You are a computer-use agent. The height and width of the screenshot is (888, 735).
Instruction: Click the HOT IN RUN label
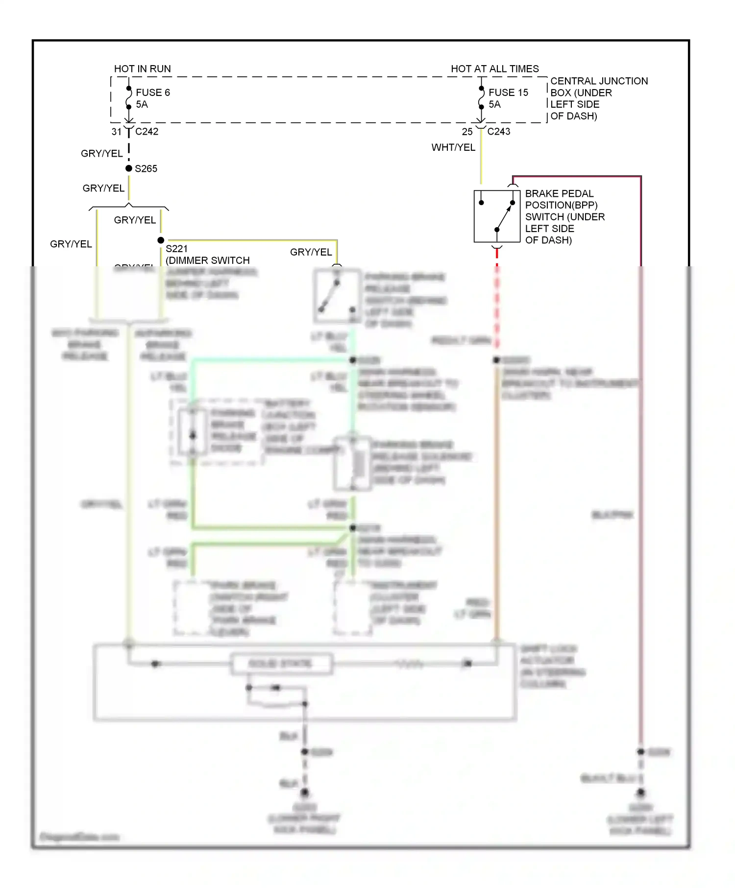142,69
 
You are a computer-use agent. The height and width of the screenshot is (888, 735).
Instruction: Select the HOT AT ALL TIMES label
494,69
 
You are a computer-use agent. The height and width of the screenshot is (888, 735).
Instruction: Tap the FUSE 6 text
152,93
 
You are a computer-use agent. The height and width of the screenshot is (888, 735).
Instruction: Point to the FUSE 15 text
508,93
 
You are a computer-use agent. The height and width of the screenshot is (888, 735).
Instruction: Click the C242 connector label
147,131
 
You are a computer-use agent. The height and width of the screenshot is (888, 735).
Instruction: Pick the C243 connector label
498,131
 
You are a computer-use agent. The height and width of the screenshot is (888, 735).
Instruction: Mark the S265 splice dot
129,168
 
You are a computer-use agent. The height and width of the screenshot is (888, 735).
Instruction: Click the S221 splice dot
161,240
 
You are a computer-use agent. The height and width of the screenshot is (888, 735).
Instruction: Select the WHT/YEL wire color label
453,147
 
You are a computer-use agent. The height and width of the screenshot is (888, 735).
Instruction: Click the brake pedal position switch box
496,216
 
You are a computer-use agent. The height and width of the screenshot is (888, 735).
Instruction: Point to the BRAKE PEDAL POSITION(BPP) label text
561,199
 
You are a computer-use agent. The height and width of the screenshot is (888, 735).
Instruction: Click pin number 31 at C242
116,132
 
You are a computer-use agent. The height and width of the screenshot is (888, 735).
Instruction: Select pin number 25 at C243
467,132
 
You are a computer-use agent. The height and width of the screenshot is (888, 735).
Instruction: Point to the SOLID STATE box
281,664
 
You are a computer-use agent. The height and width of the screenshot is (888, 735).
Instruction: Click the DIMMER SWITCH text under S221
208,260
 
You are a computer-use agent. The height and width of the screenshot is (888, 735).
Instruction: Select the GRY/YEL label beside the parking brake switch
311,252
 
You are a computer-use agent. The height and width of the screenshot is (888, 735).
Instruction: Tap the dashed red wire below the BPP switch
497,294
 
